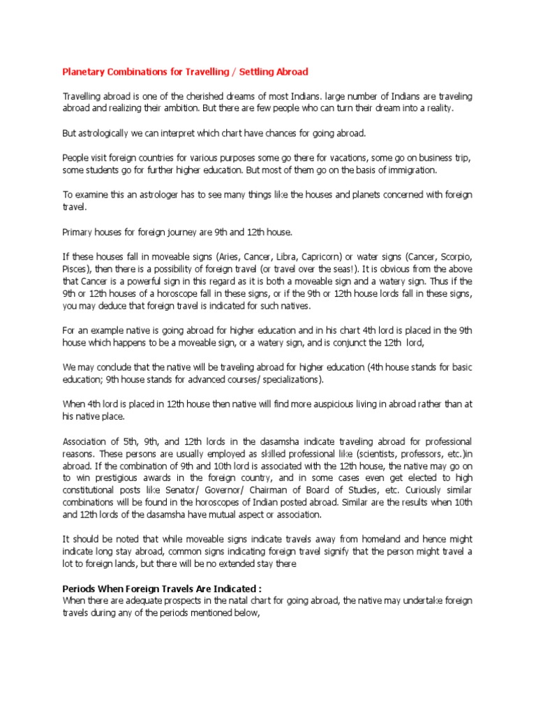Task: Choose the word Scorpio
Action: click(452, 256)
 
